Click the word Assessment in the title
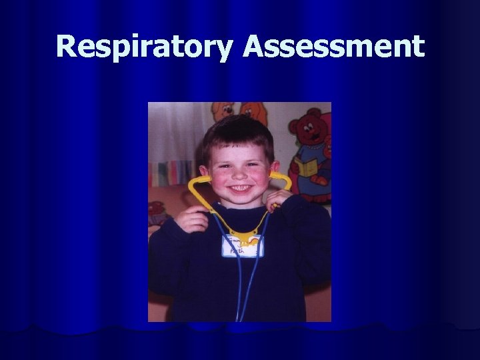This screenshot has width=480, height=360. [x=334, y=47]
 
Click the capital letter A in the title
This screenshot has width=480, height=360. [x=256, y=47]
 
